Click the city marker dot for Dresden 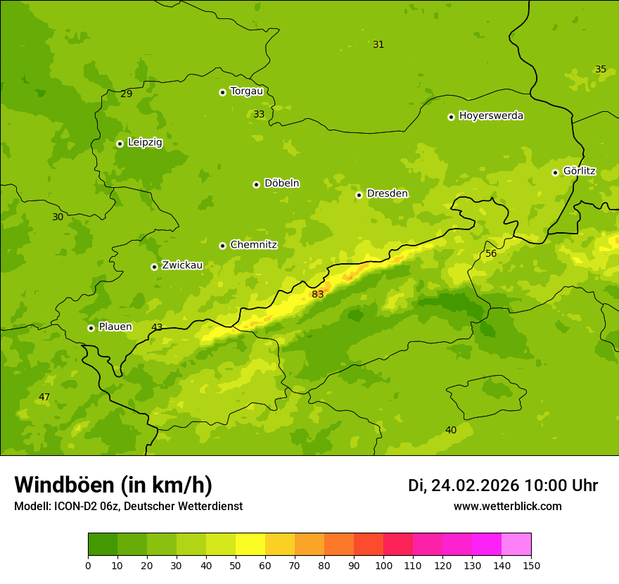pyautogui.click(x=359, y=195)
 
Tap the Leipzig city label pyautogui.click(x=145, y=142)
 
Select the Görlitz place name pyautogui.click(x=579, y=171)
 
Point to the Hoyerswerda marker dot pyautogui.click(x=451, y=117)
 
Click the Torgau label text pyautogui.click(x=246, y=91)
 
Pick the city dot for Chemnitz pyautogui.click(x=222, y=246)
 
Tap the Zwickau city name pyautogui.click(x=182, y=265)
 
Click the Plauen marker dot pyautogui.click(x=91, y=328)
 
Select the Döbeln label pyautogui.click(x=281, y=184)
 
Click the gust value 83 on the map pyautogui.click(x=318, y=294)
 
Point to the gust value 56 pyautogui.click(x=491, y=253)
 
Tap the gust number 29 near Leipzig pyautogui.click(x=126, y=94)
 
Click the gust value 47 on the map pyautogui.click(x=44, y=397)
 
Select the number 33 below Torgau pyautogui.click(x=259, y=114)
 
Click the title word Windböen pyautogui.click(x=65, y=485)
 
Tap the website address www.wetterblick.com pyautogui.click(x=507, y=506)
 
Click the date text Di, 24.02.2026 pyautogui.click(x=463, y=485)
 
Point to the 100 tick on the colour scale pyautogui.click(x=383, y=565)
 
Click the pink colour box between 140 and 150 pyautogui.click(x=516, y=545)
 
